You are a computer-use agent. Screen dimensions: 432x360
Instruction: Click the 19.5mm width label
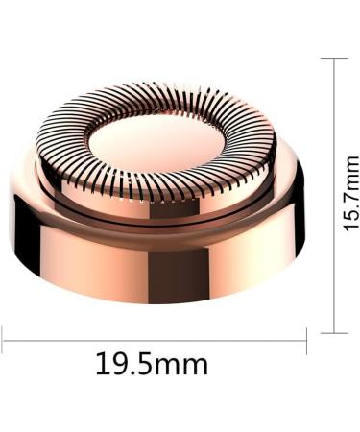152,365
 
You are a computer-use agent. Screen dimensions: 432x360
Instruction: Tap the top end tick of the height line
333,59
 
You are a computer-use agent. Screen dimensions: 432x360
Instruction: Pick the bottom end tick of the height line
333,332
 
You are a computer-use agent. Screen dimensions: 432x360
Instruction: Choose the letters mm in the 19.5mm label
184,365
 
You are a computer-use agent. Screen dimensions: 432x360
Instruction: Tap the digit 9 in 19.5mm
120,365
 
